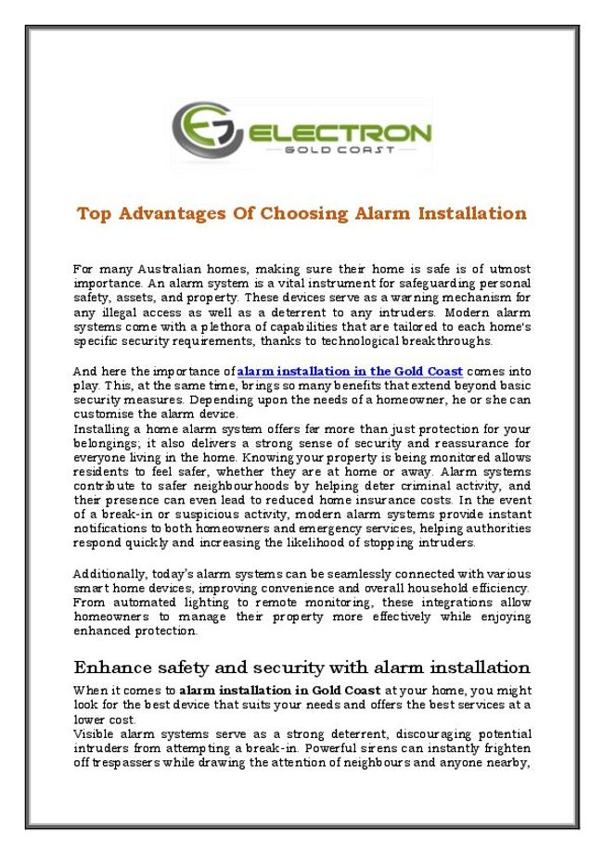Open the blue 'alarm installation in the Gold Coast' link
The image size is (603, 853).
[x=350, y=371]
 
